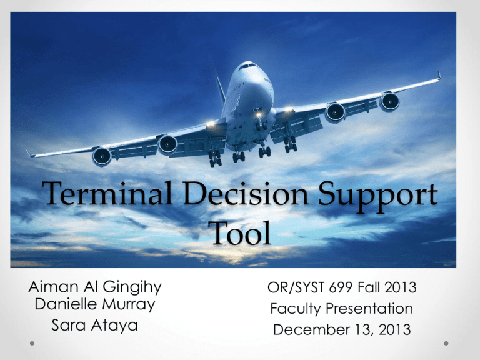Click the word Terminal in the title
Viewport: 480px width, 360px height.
(107, 193)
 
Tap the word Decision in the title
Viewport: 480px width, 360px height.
(246, 193)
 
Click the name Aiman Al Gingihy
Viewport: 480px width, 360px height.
(95, 287)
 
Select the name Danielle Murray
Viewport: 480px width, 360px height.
(95, 304)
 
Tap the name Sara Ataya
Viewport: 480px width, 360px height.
(94, 325)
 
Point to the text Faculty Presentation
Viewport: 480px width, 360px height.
(342, 309)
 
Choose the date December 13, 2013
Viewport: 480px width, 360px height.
(342, 330)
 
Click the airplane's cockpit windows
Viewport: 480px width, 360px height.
(247, 66)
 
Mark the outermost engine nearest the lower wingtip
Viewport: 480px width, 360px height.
(102, 156)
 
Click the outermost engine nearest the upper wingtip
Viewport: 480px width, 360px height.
(390, 101)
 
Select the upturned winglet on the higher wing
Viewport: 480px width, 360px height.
(439, 75)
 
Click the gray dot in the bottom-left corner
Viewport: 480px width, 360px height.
(32, 344)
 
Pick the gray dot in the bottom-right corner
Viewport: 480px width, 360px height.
(446, 344)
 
